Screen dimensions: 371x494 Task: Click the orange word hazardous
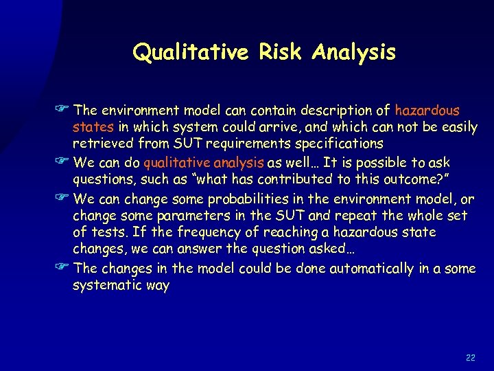point(427,110)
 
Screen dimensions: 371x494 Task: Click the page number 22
point(470,357)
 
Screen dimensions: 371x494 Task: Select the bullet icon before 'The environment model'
point(65,110)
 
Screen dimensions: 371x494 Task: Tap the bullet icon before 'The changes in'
point(65,269)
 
